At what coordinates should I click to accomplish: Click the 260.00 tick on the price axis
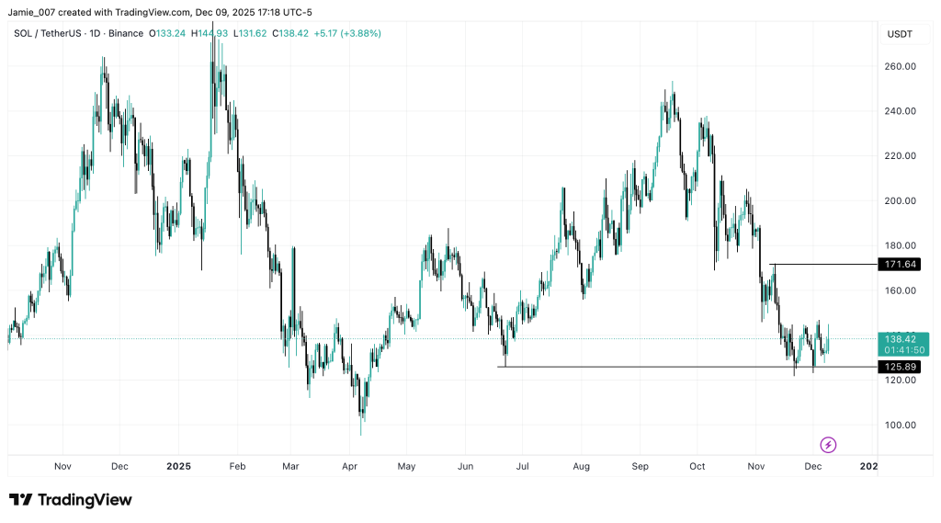[x=901, y=66]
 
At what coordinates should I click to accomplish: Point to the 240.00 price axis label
[x=901, y=111]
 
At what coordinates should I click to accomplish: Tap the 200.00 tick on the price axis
[x=901, y=200]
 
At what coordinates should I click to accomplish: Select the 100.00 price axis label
[x=901, y=425]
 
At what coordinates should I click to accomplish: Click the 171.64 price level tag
[x=901, y=265]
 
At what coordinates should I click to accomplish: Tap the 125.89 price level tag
[x=901, y=367]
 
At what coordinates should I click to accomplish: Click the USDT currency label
[x=900, y=34]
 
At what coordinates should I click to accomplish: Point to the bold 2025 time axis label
[x=178, y=466]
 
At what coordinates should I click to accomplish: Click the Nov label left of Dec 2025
[x=757, y=466]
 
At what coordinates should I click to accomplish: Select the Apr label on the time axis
[x=349, y=466]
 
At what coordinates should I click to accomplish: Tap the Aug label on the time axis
[x=580, y=466]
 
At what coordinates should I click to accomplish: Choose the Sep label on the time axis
[x=640, y=466]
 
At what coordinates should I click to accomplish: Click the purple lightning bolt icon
[x=828, y=445]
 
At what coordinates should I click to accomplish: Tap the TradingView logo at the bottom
[x=71, y=500]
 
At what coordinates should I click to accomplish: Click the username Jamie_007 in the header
[x=31, y=12]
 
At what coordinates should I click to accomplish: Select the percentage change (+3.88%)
[x=361, y=33]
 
